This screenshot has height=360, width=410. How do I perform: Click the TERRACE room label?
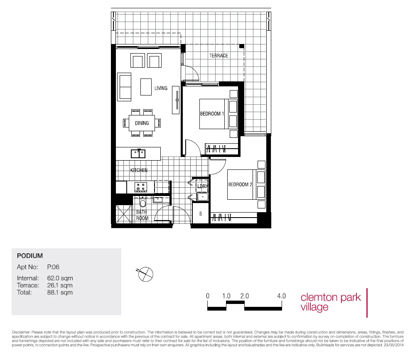[219, 56]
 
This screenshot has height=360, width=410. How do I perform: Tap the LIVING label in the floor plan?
[161, 88]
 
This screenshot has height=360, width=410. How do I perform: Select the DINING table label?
[142, 123]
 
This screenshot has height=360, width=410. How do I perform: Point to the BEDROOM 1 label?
[212, 114]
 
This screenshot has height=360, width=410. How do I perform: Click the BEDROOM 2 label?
[240, 184]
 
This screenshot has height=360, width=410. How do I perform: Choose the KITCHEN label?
[139, 170]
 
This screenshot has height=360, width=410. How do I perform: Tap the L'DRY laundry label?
[202, 186]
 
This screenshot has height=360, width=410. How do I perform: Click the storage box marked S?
[201, 214]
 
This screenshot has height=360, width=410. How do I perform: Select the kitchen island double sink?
[138, 154]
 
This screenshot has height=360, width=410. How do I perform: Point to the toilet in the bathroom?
[143, 203]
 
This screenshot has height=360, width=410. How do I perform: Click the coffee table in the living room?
[146, 87]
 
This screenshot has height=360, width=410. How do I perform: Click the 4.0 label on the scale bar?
[281, 296]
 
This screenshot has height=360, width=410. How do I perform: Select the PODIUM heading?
[30, 256]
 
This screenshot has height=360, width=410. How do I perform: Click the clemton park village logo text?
[330, 302]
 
